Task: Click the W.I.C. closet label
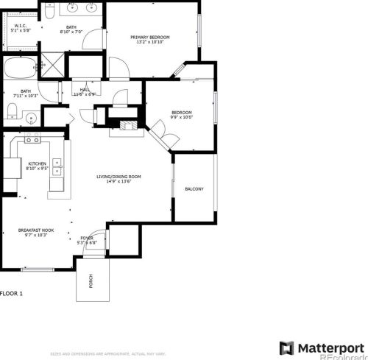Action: tap(21, 26)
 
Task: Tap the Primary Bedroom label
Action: tap(150, 37)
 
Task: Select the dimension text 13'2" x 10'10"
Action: tap(150, 43)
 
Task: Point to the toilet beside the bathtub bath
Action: tap(13, 110)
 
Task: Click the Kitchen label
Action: tap(38, 163)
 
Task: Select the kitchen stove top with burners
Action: tap(32, 139)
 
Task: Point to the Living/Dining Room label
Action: tap(118, 177)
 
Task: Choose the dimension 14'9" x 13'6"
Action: tap(118, 183)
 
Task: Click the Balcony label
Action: tap(194, 189)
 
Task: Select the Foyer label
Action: tap(87, 237)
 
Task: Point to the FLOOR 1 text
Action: tap(12, 294)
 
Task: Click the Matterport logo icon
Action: tap(286, 347)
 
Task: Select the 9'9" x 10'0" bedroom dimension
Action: tap(181, 116)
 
